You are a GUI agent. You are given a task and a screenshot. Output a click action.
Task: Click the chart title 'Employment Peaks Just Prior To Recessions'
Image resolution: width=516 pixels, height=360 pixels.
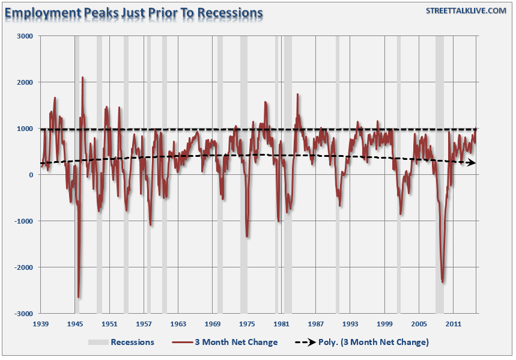point(133,12)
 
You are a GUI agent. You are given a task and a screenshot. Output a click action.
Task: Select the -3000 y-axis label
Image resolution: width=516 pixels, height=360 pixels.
point(23,314)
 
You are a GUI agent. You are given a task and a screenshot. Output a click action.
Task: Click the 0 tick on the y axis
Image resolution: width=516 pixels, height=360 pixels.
point(31,175)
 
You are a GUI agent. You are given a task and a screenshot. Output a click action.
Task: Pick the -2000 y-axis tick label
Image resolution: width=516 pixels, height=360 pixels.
point(23,267)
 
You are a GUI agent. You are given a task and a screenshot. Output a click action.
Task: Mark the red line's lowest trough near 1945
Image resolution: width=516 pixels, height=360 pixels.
point(79,297)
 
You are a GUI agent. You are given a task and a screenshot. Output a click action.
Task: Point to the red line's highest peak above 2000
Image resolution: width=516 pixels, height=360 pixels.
point(82,78)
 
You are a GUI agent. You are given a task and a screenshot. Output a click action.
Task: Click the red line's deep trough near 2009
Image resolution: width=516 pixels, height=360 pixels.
point(443,282)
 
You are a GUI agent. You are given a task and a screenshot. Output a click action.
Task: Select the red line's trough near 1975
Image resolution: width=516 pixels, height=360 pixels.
point(247,236)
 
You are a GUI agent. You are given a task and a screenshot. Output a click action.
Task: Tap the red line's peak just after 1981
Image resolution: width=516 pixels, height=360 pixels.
point(297,94)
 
